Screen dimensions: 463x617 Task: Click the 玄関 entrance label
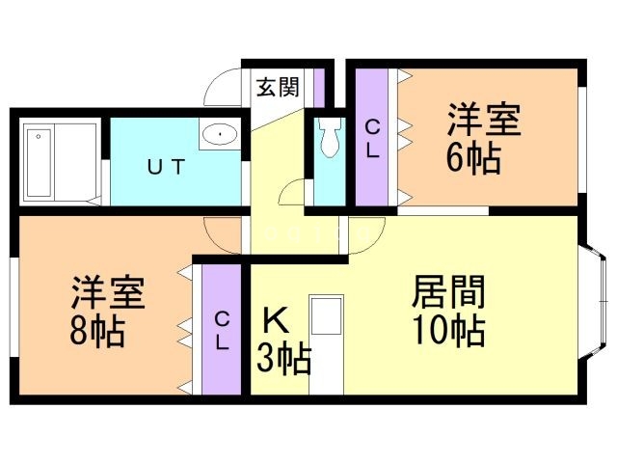(x=277, y=87)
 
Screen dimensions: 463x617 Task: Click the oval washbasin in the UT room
(x=221, y=134)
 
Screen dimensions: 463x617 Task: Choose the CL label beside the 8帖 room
(x=221, y=329)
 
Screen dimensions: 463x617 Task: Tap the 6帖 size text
(x=472, y=157)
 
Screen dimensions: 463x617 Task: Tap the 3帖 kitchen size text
(x=282, y=359)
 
